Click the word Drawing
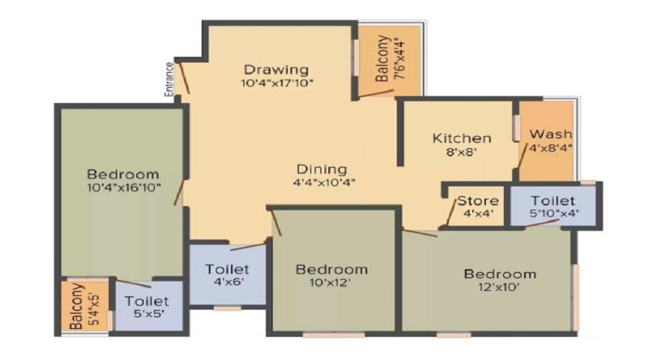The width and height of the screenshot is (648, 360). tap(276, 70)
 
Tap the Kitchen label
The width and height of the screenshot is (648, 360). tap(462, 138)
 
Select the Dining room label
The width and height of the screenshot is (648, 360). tap(322, 169)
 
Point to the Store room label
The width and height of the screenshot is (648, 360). tap(478, 201)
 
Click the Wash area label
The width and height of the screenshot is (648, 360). tap(551, 134)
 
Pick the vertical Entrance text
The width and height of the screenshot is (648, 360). tap(169, 79)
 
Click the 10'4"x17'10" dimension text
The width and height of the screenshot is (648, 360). tap(277, 83)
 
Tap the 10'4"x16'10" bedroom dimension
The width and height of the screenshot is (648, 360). tap(124, 188)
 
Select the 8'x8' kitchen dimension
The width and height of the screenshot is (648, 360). tap(462, 152)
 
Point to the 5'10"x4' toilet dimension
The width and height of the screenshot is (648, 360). tap(554, 213)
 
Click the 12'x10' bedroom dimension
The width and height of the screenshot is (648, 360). tap(499, 287)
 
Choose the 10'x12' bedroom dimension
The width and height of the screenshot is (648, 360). tap(330, 283)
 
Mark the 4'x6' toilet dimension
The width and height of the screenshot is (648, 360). tap(228, 282)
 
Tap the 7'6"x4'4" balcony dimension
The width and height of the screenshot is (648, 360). tap(400, 59)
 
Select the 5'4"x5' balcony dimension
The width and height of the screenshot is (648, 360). tap(94, 309)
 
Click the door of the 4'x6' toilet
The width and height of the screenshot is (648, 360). tap(247, 247)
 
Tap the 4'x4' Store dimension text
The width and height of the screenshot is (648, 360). tap(478, 214)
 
